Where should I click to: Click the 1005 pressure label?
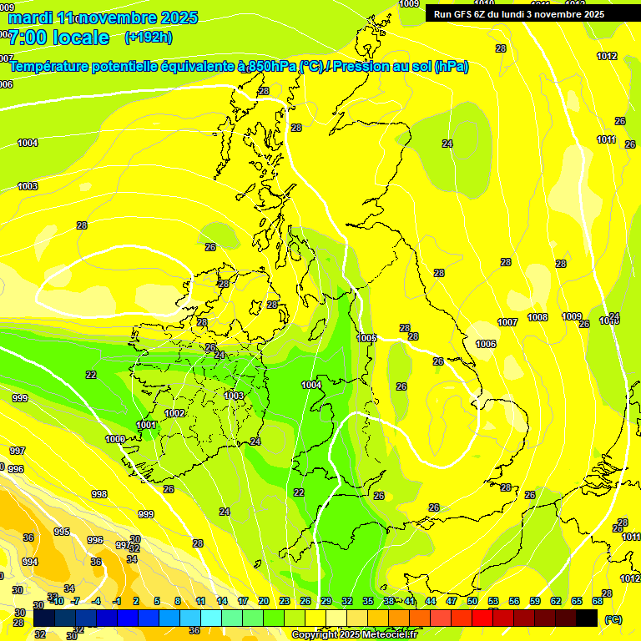click(x=366, y=337)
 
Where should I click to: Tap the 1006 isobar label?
click(x=486, y=344)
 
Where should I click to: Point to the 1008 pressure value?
click(x=538, y=317)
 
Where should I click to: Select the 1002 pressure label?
click(x=175, y=413)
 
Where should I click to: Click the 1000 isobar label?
click(x=115, y=439)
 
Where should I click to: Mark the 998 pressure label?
click(x=99, y=494)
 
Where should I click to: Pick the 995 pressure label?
click(x=62, y=532)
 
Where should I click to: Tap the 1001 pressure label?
click(x=146, y=425)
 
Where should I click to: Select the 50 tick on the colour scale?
click(x=472, y=601)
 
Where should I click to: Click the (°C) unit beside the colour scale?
click(x=613, y=619)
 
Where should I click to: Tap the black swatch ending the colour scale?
click(x=587, y=618)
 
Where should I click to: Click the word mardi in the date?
click(x=30, y=18)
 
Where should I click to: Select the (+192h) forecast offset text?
click(x=148, y=38)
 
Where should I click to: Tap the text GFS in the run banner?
click(x=464, y=14)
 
